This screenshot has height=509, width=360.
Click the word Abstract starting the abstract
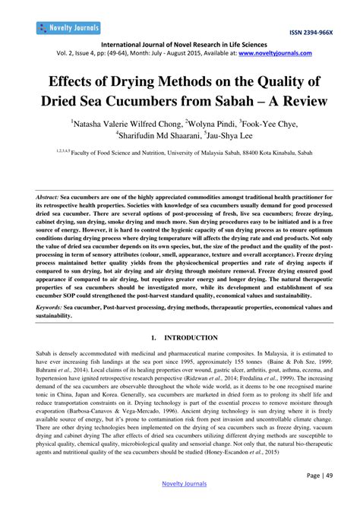pos(48,195)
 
